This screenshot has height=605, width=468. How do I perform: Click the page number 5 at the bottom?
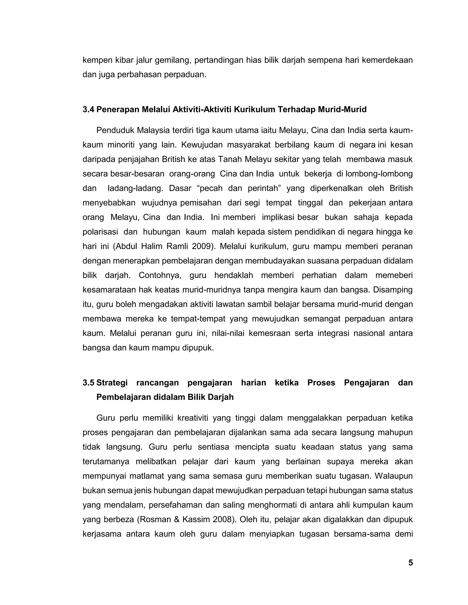410,563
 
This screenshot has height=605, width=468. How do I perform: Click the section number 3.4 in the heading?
88,110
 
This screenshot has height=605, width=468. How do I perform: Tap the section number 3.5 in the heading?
88,383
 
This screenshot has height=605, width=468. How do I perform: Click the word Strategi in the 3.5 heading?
112,383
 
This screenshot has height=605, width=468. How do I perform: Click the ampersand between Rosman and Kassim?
177,519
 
